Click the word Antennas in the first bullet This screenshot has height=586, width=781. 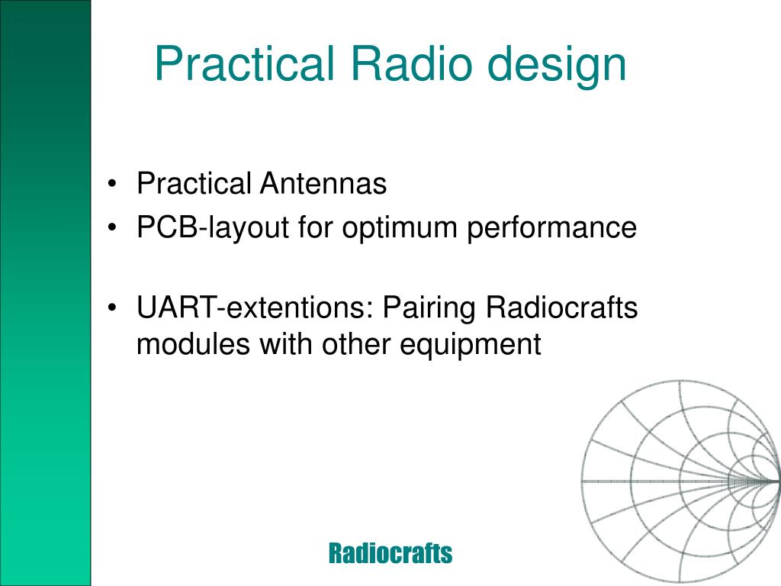point(323,183)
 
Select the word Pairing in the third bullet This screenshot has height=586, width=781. point(429,309)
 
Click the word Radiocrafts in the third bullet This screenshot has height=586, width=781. point(561,307)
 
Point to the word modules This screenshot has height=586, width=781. point(193,344)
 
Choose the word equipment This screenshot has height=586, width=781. point(470,346)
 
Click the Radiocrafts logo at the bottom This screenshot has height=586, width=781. point(390,553)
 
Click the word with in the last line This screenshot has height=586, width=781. point(285,344)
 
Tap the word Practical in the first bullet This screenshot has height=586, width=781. point(194,183)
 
